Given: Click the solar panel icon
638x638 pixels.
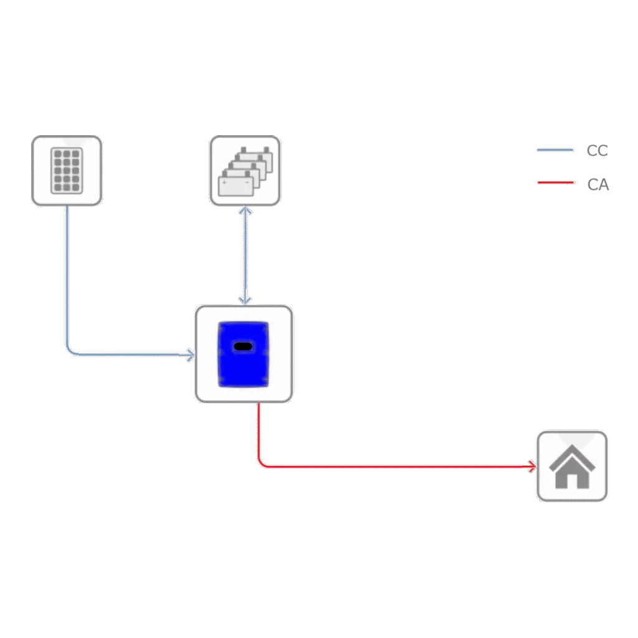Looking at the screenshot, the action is (x=67, y=171).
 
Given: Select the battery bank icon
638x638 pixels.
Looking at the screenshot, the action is (x=245, y=171).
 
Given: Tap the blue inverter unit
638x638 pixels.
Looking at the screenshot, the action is (x=244, y=354).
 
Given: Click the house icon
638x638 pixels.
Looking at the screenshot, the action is (x=572, y=466).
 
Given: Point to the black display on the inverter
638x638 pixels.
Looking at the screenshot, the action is (x=243, y=346).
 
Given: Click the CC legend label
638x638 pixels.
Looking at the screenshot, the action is (x=598, y=151).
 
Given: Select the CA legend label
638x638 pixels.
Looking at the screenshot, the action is (x=598, y=184).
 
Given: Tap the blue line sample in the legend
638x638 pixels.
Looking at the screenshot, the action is (x=555, y=150).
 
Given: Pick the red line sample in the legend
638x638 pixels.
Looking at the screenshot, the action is (x=556, y=183).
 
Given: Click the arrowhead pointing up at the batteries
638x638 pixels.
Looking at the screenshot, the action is (x=245, y=211).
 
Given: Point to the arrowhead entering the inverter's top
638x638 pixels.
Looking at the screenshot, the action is (x=245, y=301).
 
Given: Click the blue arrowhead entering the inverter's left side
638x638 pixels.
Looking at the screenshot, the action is (x=191, y=355).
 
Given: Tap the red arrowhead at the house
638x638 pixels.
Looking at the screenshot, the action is (x=533, y=466).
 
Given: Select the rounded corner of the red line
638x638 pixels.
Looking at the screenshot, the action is (x=262, y=463).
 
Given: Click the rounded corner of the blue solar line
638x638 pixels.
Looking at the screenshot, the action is (x=70, y=351).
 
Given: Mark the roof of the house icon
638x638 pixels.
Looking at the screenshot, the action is (x=572, y=458).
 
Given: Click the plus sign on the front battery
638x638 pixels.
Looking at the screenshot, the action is (x=224, y=183).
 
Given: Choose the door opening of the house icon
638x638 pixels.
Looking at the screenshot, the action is (x=572, y=482).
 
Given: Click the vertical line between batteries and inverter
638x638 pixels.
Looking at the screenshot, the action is (x=245, y=256).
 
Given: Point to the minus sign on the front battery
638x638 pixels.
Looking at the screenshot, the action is (x=247, y=183).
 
